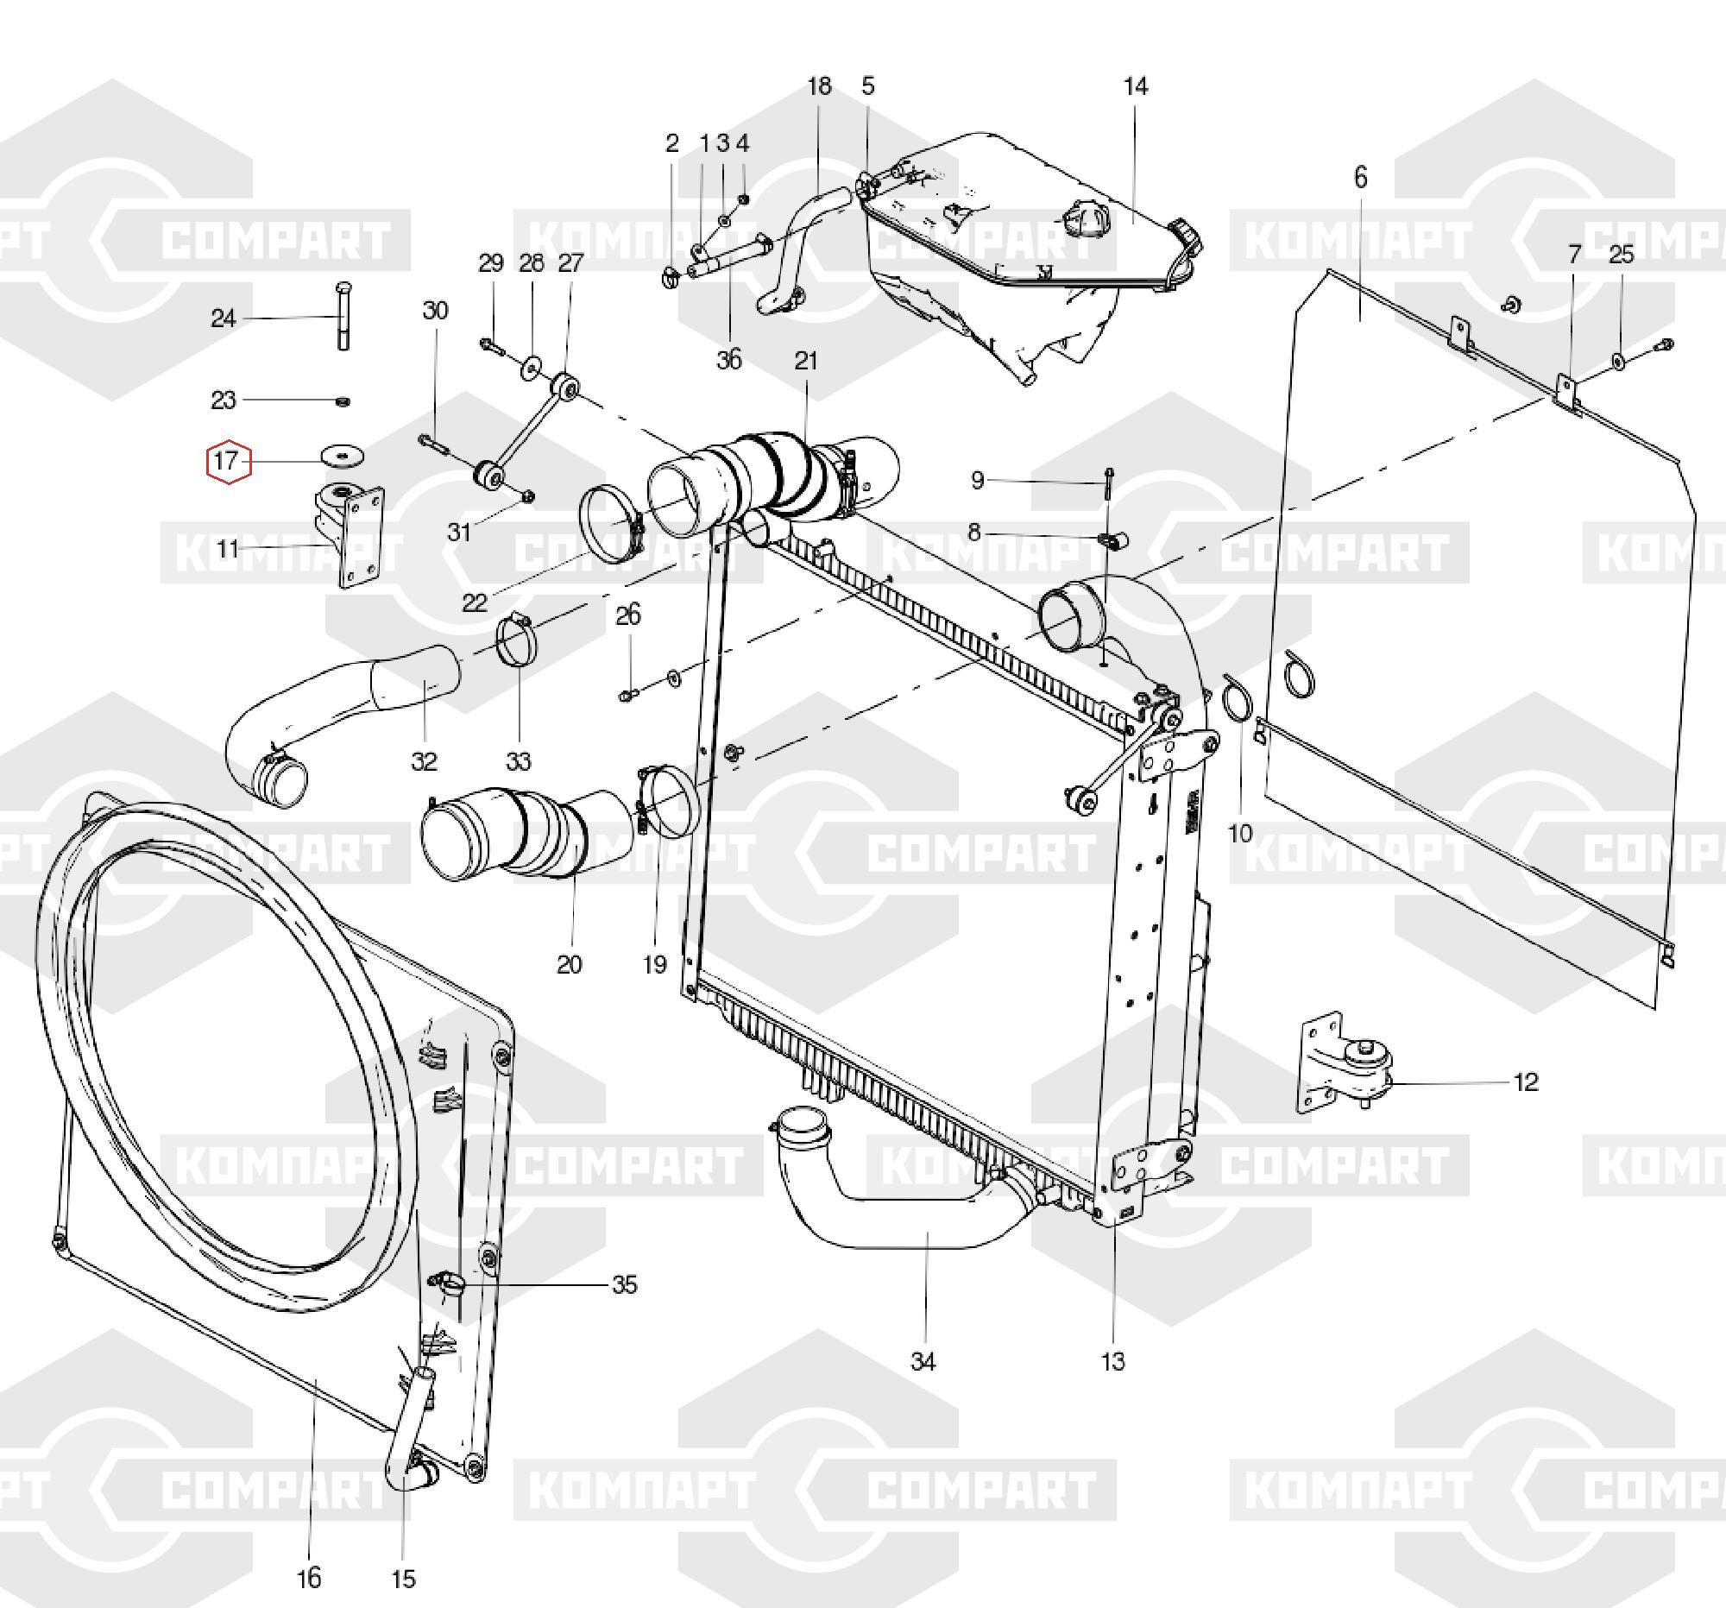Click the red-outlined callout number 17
pyautogui.click(x=228, y=460)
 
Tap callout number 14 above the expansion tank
pyautogui.click(x=1135, y=87)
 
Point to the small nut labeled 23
pyautogui.click(x=342, y=400)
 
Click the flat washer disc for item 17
pyautogui.click(x=343, y=454)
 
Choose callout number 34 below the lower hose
pyautogui.click(x=923, y=1362)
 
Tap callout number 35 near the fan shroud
pyautogui.click(x=624, y=1284)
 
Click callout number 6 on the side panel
pyautogui.click(x=1359, y=178)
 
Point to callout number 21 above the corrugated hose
pyautogui.click(x=806, y=360)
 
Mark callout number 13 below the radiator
pyautogui.click(x=1112, y=1361)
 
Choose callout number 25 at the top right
pyautogui.click(x=1621, y=255)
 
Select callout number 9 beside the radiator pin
pyautogui.click(x=978, y=480)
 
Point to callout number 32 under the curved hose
pyautogui.click(x=424, y=761)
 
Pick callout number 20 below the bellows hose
pyautogui.click(x=569, y=964)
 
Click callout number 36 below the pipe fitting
pyautogui.click(x=729, y=359)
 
